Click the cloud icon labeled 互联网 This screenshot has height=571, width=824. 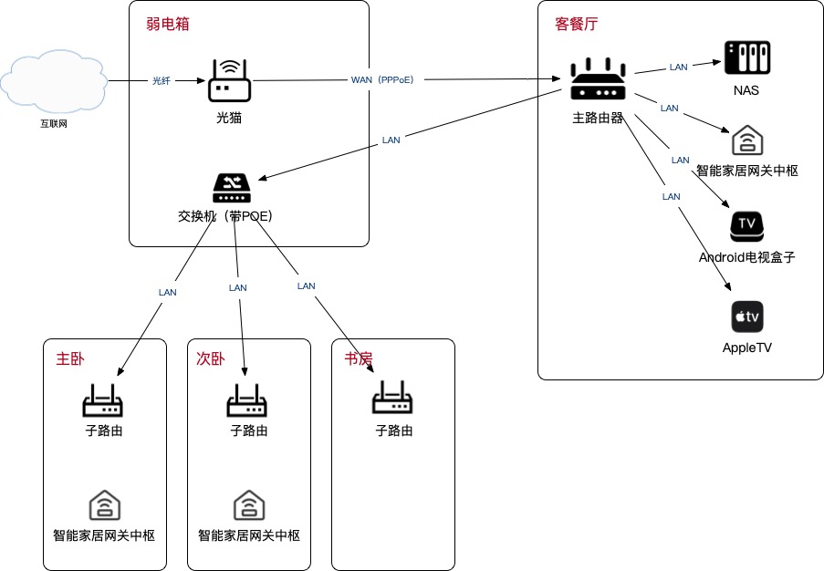point(53,80)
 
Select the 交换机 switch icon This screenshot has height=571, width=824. point(231,189)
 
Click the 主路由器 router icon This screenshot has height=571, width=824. point(599,80)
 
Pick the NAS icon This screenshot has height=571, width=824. point(746,57)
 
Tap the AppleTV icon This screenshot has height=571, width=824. point(746,317)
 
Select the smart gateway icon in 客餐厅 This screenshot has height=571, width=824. point(746,140)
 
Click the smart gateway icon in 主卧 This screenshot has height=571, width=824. point(104,504)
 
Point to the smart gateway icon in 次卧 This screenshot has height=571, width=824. point(248,504)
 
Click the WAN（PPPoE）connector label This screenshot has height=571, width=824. point(382,80)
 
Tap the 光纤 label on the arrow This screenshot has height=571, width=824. point(161,80)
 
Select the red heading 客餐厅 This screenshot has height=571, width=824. point(577,23)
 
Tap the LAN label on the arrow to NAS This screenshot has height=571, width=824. point(678,67)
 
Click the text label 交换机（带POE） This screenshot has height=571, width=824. point(224,216)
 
